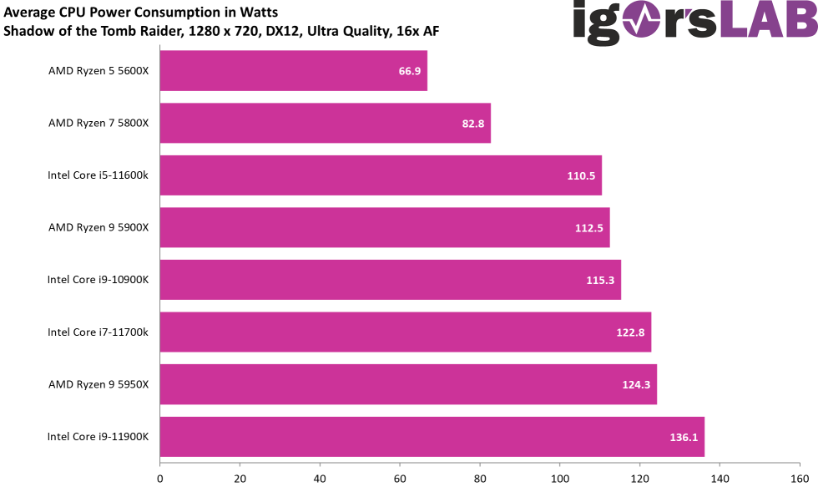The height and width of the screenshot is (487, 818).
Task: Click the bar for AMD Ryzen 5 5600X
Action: click(293, 71)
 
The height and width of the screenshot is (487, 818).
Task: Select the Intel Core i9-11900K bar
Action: click(432, 437)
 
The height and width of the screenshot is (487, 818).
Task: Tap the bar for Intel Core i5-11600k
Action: click(381, 175)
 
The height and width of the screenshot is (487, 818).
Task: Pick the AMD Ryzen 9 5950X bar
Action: click(408, 384)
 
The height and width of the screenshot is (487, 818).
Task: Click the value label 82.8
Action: click(473, 124)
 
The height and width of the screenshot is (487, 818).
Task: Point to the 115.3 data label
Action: click(600, 281)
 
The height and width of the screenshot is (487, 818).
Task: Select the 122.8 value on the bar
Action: click(630, 332)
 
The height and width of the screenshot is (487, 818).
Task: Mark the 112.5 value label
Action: click(589, 228)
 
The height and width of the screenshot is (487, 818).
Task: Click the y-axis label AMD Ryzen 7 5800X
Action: click(98, 123)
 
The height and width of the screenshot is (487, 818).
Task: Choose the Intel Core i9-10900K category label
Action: click(98, 280)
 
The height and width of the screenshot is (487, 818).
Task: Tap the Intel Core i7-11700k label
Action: click(98, 332)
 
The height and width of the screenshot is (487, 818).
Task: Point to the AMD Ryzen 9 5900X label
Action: click(98, 227)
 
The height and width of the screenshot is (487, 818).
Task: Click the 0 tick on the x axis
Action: click(159, 479)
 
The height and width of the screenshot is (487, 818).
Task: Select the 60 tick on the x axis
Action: click(400, 479)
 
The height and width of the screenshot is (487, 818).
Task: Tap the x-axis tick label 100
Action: click(560, 479)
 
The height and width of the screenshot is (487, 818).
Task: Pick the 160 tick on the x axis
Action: click(800, 479)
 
